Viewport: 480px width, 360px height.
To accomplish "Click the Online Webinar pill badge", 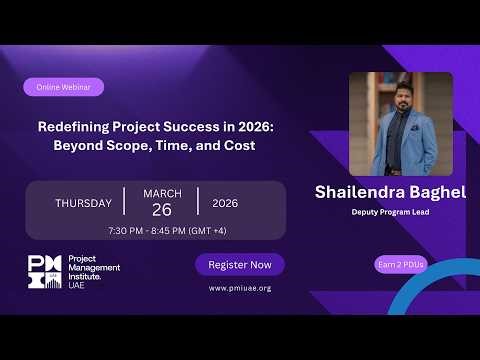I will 64,87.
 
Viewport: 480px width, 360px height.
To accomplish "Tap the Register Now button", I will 240,264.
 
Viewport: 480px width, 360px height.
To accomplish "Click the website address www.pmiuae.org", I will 240,288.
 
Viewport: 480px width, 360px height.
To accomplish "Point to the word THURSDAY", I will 83,203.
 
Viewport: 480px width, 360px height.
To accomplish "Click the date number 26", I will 162,211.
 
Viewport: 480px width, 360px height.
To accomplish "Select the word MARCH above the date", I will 162,193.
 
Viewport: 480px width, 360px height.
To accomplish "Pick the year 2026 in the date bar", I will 225,203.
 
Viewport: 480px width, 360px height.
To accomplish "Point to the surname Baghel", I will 431,190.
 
